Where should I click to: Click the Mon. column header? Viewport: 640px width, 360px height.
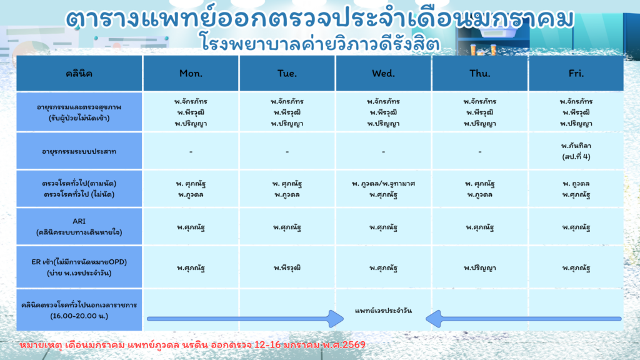click(191, 74)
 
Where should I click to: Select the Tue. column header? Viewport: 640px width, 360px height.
click(287, 74)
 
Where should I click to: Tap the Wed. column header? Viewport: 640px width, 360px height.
click(383, 74)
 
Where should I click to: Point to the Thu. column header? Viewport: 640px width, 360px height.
click(479, 74)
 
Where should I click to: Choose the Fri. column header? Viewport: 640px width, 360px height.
click(576, 74)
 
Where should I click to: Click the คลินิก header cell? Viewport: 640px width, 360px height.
click(79, 74)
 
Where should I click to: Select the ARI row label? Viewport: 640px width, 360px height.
click(79, 226)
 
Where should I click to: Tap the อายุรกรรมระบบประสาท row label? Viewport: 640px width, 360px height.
click(79, 151)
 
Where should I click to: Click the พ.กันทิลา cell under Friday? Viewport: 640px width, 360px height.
click(576, 151)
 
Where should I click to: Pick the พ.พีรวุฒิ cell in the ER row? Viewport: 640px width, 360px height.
click(287, 267)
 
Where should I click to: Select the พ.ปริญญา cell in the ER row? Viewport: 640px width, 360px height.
click(479, 267)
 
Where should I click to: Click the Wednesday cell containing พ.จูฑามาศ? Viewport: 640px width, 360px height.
click(383, 189)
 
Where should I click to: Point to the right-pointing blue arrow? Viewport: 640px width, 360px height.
click(245, 319)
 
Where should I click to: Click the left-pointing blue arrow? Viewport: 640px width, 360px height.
click(523, 319)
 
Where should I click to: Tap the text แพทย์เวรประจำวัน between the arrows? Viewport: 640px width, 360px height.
click(383, 311)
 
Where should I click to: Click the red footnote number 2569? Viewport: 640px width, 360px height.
click(354, 345)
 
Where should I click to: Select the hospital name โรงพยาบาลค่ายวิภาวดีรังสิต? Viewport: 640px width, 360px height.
click(320, 43)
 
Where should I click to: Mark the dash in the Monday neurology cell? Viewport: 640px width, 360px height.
click(191, 152)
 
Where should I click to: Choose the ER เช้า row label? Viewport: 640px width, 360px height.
click(79, 267)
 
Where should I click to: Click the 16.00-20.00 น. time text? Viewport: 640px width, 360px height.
click(79, 316)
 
